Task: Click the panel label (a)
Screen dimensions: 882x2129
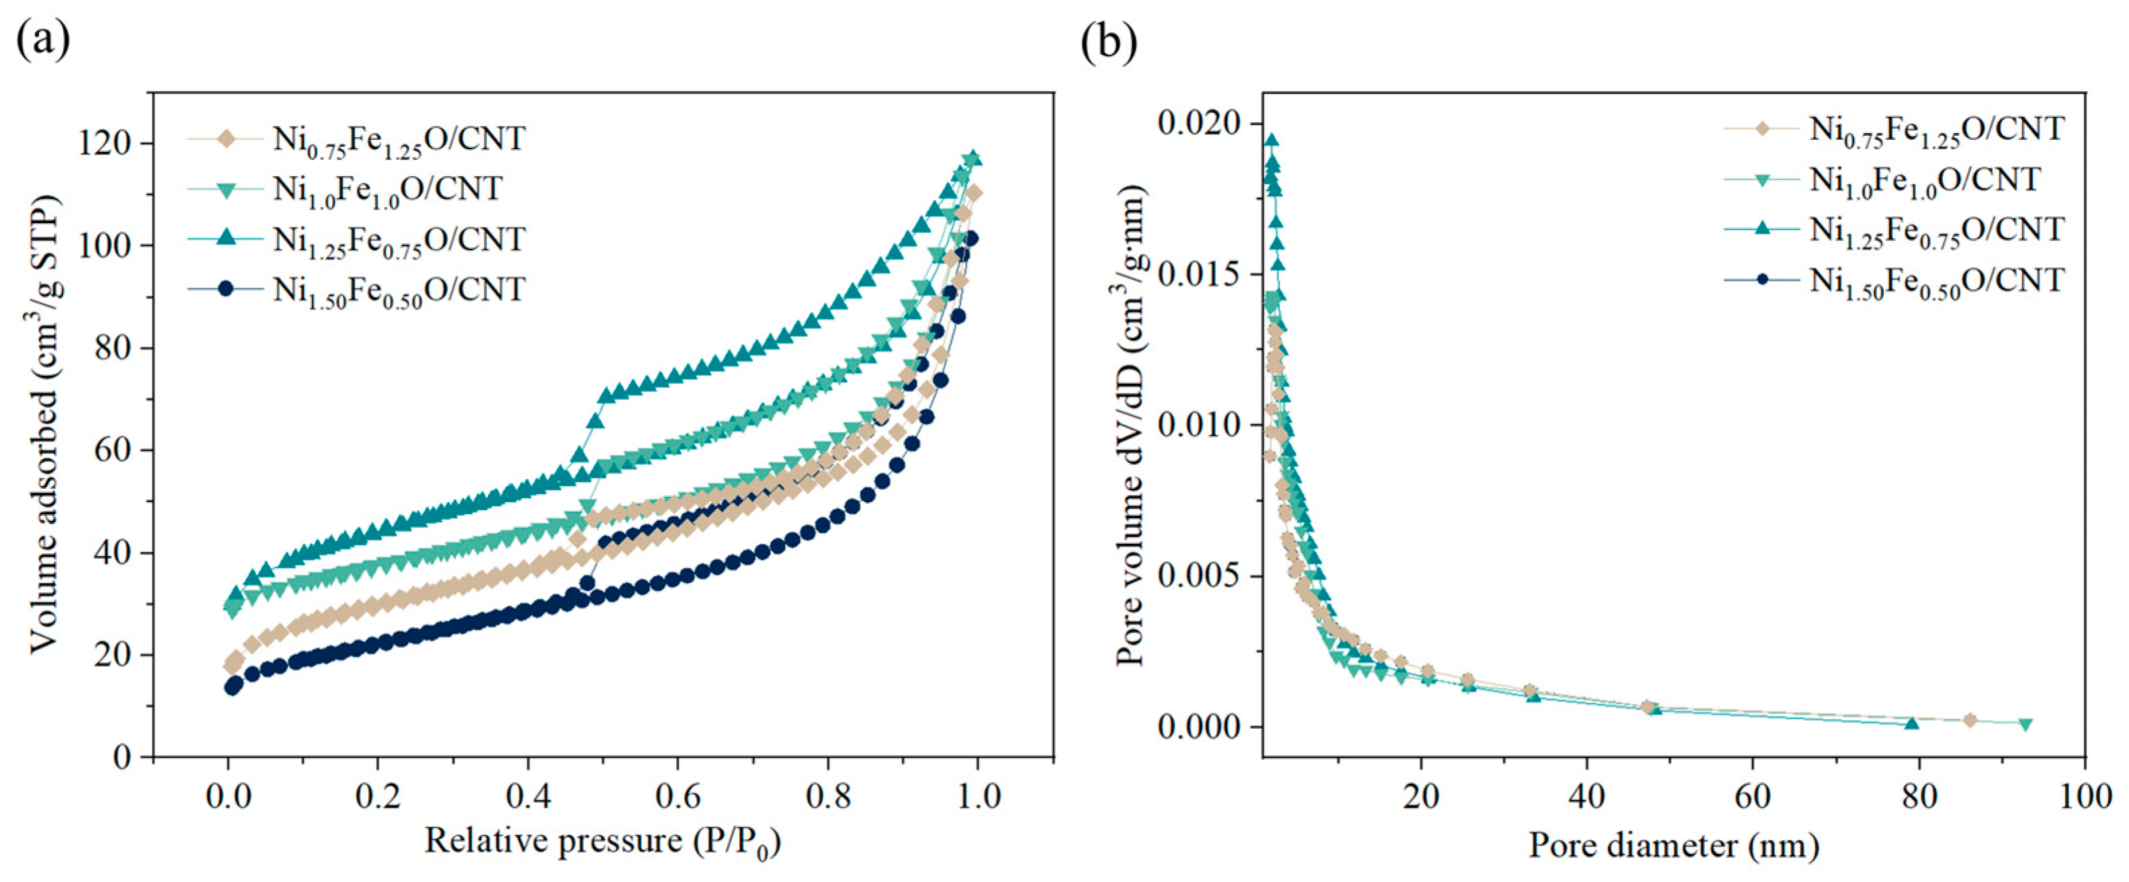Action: [x=42, y=40]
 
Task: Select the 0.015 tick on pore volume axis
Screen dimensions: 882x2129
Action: [x=1199, y=274]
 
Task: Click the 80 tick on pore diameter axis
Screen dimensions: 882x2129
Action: [x=1918, y=796]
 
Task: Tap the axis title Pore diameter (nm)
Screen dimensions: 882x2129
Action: [x=1673, y=845]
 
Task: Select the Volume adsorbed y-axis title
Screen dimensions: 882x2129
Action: [x=46, y=425]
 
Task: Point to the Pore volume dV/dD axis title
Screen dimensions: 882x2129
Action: [x=1130, y=425]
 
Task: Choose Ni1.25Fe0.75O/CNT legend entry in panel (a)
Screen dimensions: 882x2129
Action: [x=399, y=240]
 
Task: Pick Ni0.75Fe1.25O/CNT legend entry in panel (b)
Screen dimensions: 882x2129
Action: [x=1936, y=130]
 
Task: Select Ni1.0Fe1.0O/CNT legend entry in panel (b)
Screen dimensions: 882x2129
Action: [x=1925, y=180]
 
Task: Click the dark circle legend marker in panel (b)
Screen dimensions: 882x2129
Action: [x=1761, y=280]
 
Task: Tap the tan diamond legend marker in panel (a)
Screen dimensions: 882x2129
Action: [x=226, y=138]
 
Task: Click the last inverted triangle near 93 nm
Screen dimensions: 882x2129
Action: [x=2025, y=724]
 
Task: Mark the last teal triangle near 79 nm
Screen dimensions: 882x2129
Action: [x=1911, y=723]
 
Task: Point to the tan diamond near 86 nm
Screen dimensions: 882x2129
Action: [x=1970, y=720]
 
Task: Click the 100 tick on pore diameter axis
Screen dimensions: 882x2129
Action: [x=2085, y=796]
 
